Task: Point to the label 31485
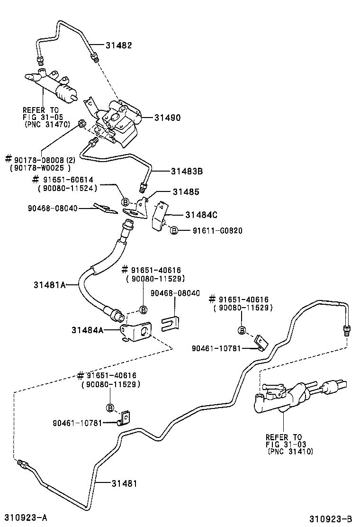point(186,192)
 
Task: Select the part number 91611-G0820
point(217,231)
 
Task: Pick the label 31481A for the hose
point(49,285)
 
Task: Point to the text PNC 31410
point(290,451)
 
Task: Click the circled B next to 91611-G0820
point(174,231)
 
